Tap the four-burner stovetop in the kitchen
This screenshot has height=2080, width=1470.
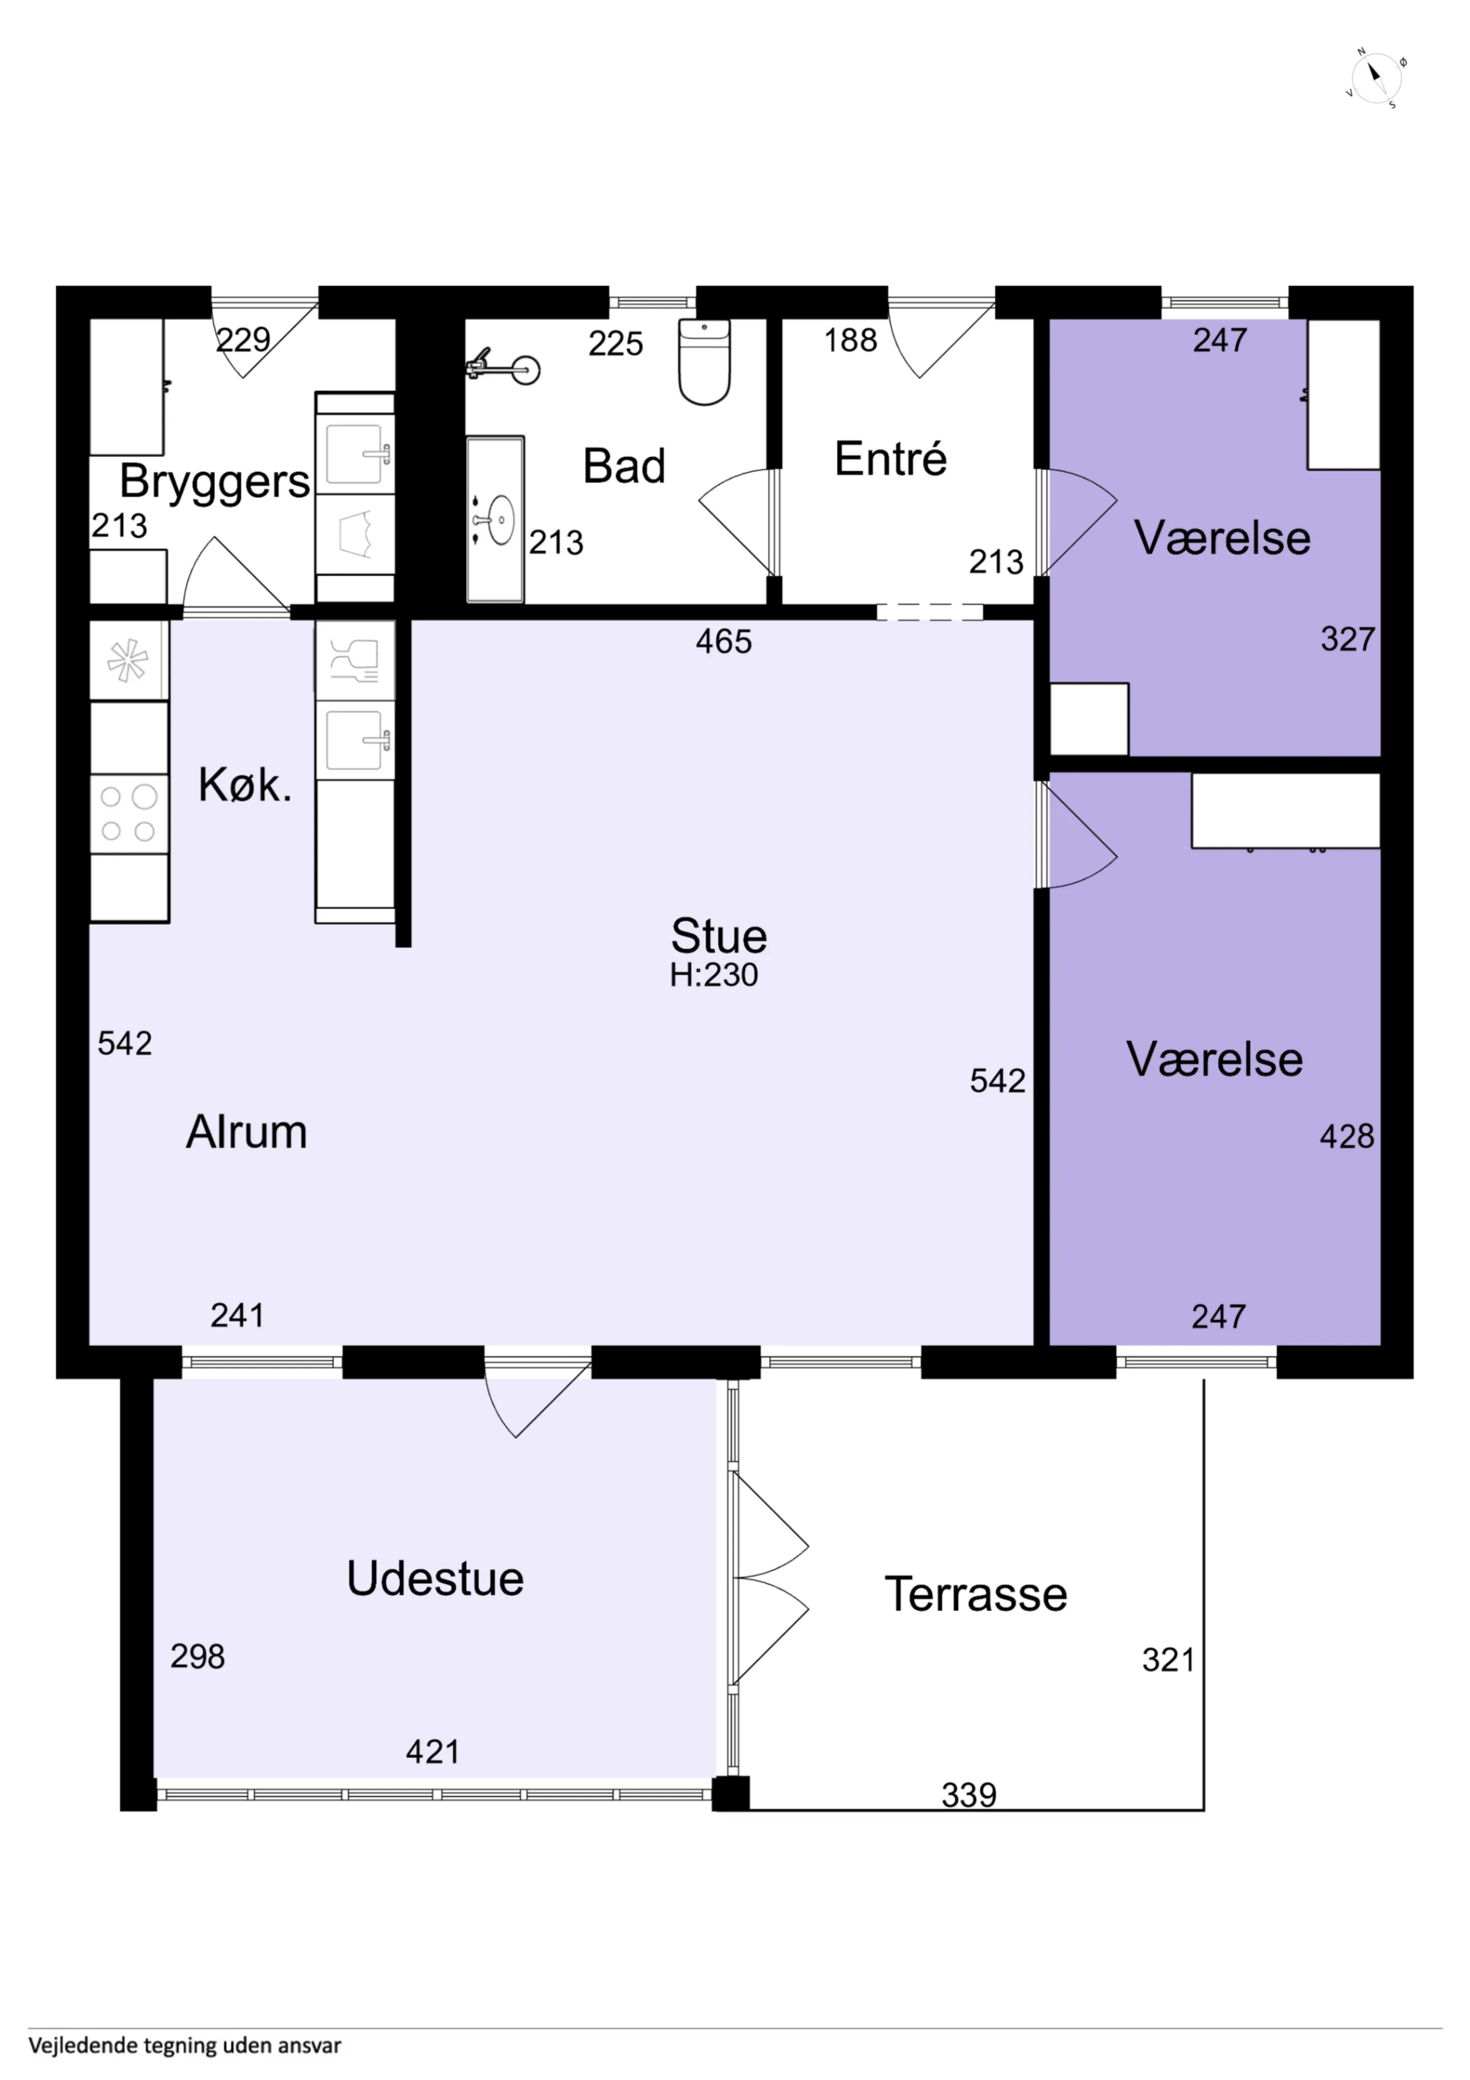(x=129, y=814)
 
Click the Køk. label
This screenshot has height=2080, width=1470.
(x=245, y=784)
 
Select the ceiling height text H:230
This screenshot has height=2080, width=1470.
(x=714, y=975)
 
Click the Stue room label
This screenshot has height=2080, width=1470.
(x=718, y=936)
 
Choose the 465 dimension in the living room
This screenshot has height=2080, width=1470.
(x=724, y=641)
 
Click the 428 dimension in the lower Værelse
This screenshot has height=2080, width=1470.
(x=1347, y=1136)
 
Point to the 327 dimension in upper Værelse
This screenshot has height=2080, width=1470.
(x=1348, y=640)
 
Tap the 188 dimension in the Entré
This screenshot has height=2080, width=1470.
(x=851, y=341)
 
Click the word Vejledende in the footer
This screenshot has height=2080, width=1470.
(x=83, y=2045)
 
